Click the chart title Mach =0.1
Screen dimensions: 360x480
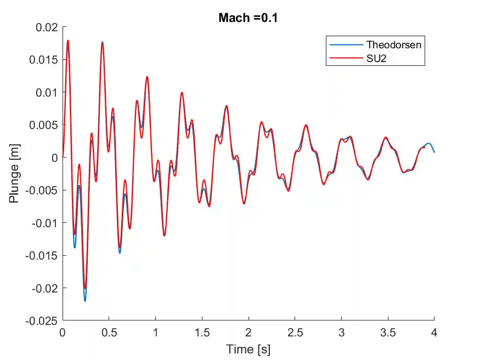pyautogui.click(x=249, y=18)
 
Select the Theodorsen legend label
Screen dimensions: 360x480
pyautogui.click(x=394, y=44)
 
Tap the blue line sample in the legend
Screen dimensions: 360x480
pyautogui.click(x=346, y=44)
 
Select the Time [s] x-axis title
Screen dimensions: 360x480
pyautogui.click(x=249, y=349)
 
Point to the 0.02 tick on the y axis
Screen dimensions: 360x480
pyautogui.click(x=47, y=27)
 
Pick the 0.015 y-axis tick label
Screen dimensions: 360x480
pyautogui.click(x=44, y=59)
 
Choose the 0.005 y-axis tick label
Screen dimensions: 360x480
pyautogui.click(x=44, y=125)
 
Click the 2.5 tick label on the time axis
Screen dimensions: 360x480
pyautogui.click(x=295, y=333)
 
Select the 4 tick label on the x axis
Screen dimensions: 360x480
pyautogui.click(x=434, y=333)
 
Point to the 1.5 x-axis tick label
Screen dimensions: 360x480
pyautogui.click(x=202, y=333)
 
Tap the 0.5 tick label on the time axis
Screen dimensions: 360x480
pyautogui.click(x=109, y=333)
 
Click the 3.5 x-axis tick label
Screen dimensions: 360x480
pyautogui.click(x=387, y=333)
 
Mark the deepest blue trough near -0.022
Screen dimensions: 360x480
pyautogui.click(x=85, y=301)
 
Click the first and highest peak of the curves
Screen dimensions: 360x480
pyautogui.click(x=68, y=40)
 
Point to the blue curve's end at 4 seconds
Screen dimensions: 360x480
pyautogui.click(x=434, y=152)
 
